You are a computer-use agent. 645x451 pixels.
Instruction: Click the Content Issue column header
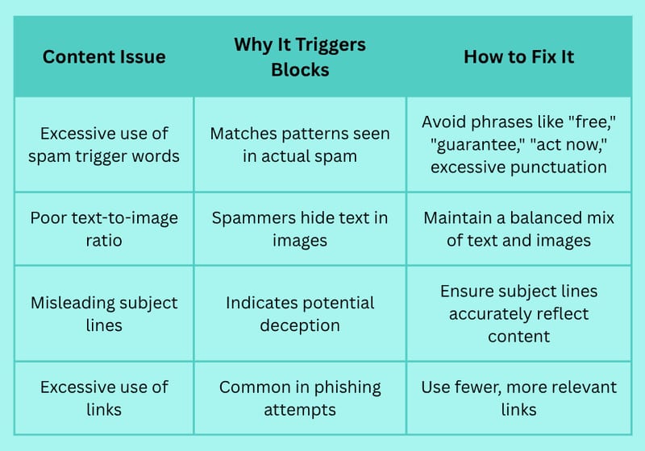point(104,56)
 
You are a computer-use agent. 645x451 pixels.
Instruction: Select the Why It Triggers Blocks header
point(300,57)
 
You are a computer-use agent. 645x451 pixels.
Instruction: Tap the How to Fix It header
point(518,56)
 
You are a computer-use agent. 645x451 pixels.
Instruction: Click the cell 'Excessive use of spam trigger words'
point(104,145)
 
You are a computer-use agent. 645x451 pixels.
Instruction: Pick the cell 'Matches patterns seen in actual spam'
point(300,145)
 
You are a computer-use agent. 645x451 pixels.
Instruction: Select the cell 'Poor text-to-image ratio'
point(104,229)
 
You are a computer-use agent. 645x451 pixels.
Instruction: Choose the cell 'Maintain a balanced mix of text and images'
point(518,229)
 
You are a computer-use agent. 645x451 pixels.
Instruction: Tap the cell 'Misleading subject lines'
point(104,314)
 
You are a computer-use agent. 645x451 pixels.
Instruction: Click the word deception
point(300,325)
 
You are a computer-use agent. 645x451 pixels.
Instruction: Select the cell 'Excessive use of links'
point(104,398)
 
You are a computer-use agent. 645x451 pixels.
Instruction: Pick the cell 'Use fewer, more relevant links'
point(518,398)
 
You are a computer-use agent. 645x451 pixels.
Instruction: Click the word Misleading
point(68,303)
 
